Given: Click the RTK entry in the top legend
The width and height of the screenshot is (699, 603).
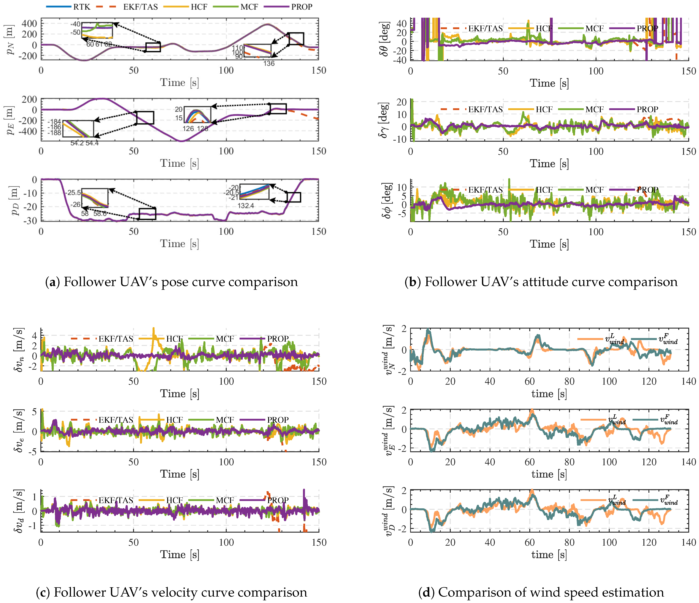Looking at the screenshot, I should pos(82,7).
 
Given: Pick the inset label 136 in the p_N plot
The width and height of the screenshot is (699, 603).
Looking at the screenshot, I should pos(269,63).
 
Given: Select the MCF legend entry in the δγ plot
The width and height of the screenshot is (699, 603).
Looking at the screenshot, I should pos(594,109).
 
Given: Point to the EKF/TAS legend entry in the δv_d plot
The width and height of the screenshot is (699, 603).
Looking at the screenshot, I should pos(116,500).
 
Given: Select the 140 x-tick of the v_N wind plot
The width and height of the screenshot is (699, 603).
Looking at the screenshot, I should pos(688,381).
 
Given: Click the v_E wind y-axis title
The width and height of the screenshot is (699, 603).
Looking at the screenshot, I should pos(388,430).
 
